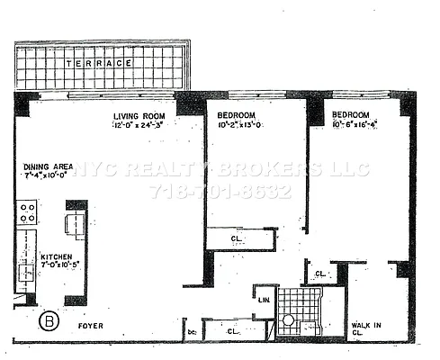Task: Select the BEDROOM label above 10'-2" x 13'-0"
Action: click(238, 115)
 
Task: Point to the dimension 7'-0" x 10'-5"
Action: click(60, 266)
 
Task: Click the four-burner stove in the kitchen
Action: click(26, 212)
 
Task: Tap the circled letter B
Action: click(49, 319)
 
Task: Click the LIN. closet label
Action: click(265, 300)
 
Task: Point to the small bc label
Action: click(192, 332)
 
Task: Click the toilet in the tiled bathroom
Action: click(290, 320)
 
